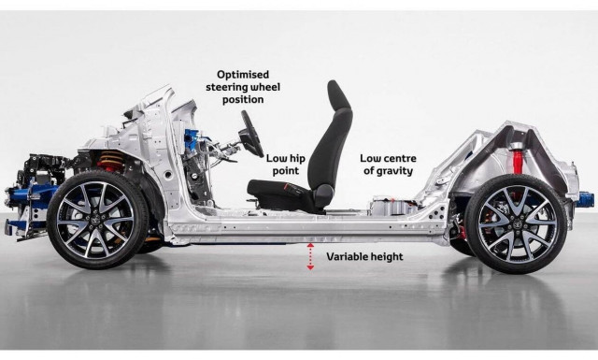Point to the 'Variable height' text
click(364, 255)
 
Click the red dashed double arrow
click(310, 255)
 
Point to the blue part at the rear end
click(586, 197)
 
